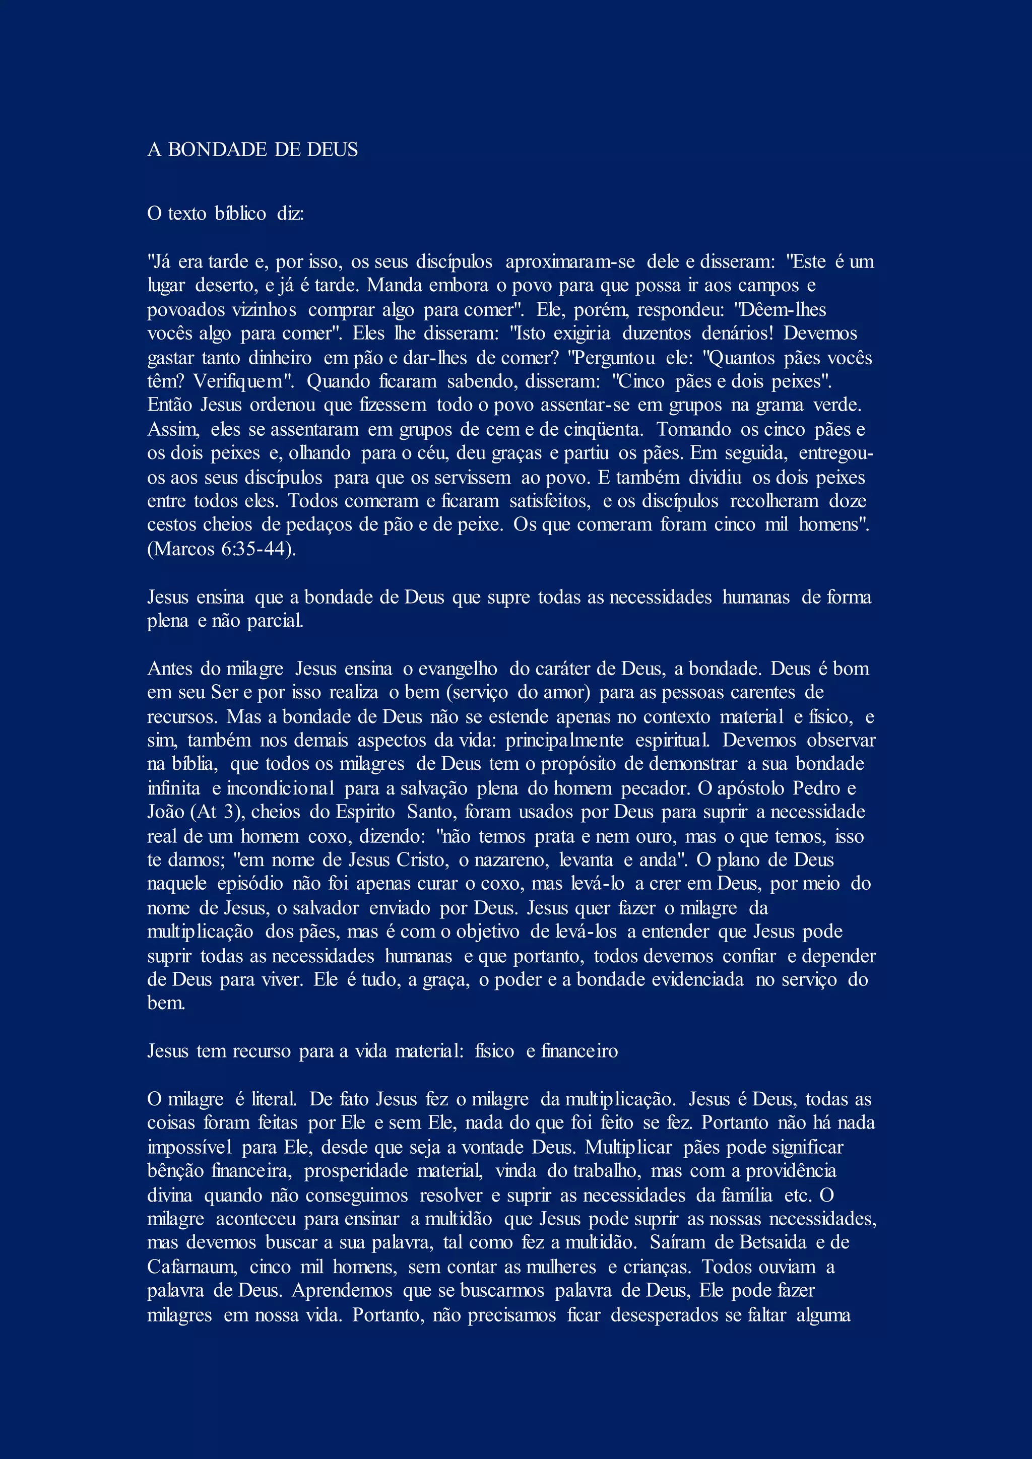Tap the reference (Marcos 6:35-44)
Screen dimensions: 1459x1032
[x=222, y=549]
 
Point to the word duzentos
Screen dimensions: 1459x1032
[x=657, y=333]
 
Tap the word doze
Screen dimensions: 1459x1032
[x=848, y=501]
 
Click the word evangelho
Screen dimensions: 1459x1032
[x=458, y=669]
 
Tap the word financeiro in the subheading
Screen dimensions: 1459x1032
[x=579, y=1051]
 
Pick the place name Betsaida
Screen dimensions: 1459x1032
[x=772, y=1242]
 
